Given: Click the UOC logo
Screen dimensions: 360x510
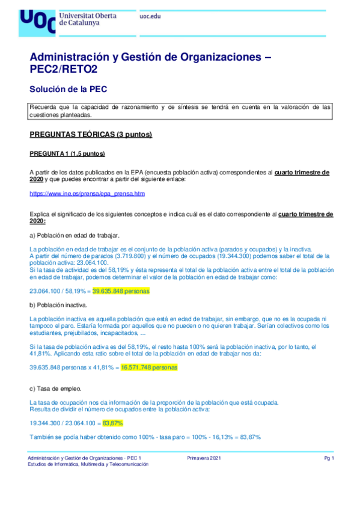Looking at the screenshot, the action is pyautogui.click(x=36, y=22).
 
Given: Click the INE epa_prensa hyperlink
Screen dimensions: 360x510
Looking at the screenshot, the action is pyautogui.click(x=87, y=194).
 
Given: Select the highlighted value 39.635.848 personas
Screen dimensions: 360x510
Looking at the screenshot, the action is pyautogui.click(x=121, y=290).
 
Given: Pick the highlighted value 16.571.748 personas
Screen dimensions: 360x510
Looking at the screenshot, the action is pyautogui.click(x=149, y=366).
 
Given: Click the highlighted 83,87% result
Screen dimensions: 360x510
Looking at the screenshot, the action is pyautogui.click(x=114, y=423).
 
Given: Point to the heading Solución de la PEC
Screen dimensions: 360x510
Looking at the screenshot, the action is pyautogui.click(x=68, y=89).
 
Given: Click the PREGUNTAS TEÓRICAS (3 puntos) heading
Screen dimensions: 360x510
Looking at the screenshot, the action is pyautogui.click(x=91, y=134).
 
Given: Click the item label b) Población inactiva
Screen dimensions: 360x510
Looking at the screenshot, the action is pyautogui.click(x=61, y=306).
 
